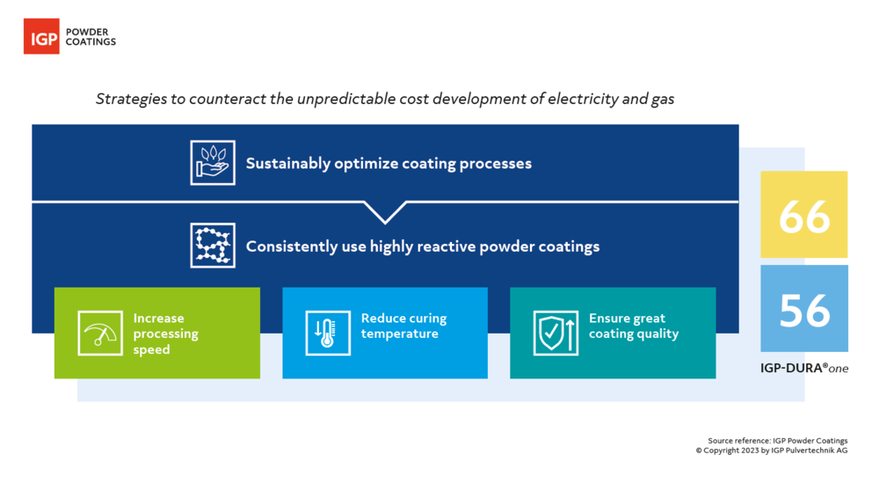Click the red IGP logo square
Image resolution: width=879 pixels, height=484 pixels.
tap(41, 36)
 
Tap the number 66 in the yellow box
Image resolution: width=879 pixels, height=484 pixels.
tap(804, 215)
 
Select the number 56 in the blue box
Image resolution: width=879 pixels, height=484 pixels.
tap(804, 309)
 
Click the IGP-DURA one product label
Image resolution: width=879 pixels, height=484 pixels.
tap(804, 369)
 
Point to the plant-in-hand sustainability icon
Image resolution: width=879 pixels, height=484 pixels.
tap(213, 163)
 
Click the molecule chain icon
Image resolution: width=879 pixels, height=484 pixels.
tap(213, 246)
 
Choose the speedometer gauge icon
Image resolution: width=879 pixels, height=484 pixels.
tap(99, 334)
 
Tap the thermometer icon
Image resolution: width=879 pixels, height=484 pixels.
tap(327, 334)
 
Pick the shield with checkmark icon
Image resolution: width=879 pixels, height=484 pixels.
tap(556, 334)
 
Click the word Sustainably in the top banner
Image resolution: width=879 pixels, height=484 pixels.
tap(287, 164)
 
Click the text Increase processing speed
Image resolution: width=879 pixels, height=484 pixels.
tap(165, 334)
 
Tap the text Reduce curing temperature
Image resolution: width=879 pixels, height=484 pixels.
tap(403, 326)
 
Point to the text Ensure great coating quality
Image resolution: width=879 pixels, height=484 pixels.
tap(633, 326)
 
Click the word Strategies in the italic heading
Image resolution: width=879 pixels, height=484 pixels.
tap(130, 99)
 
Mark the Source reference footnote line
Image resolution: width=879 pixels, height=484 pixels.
tap(778, 441)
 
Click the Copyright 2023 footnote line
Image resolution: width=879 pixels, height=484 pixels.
tap(772, 451)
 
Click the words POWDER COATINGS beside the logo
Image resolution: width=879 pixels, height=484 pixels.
tap(91, 36)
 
